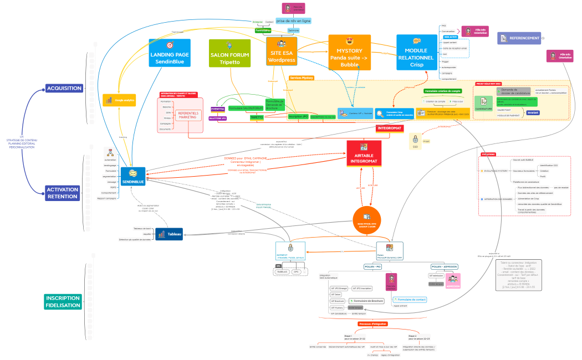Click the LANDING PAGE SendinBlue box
(170, 53)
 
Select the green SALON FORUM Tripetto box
(229, 53)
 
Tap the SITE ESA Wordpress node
(282, 52)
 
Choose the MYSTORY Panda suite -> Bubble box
(349, 52)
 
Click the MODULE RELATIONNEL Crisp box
(417, 52)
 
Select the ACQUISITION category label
(64, 89)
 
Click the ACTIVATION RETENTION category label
(63, 193)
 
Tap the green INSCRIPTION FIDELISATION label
(63, 302)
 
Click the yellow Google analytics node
(119, 100)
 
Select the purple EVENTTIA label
(218, 109)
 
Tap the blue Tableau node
(169, 234)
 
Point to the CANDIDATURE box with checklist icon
(483, 104)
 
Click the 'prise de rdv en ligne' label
(293, 20)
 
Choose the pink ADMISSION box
(453, 281)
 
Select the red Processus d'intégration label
(372, 323)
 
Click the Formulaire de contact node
(410, 299)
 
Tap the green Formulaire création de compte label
(442, 90)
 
